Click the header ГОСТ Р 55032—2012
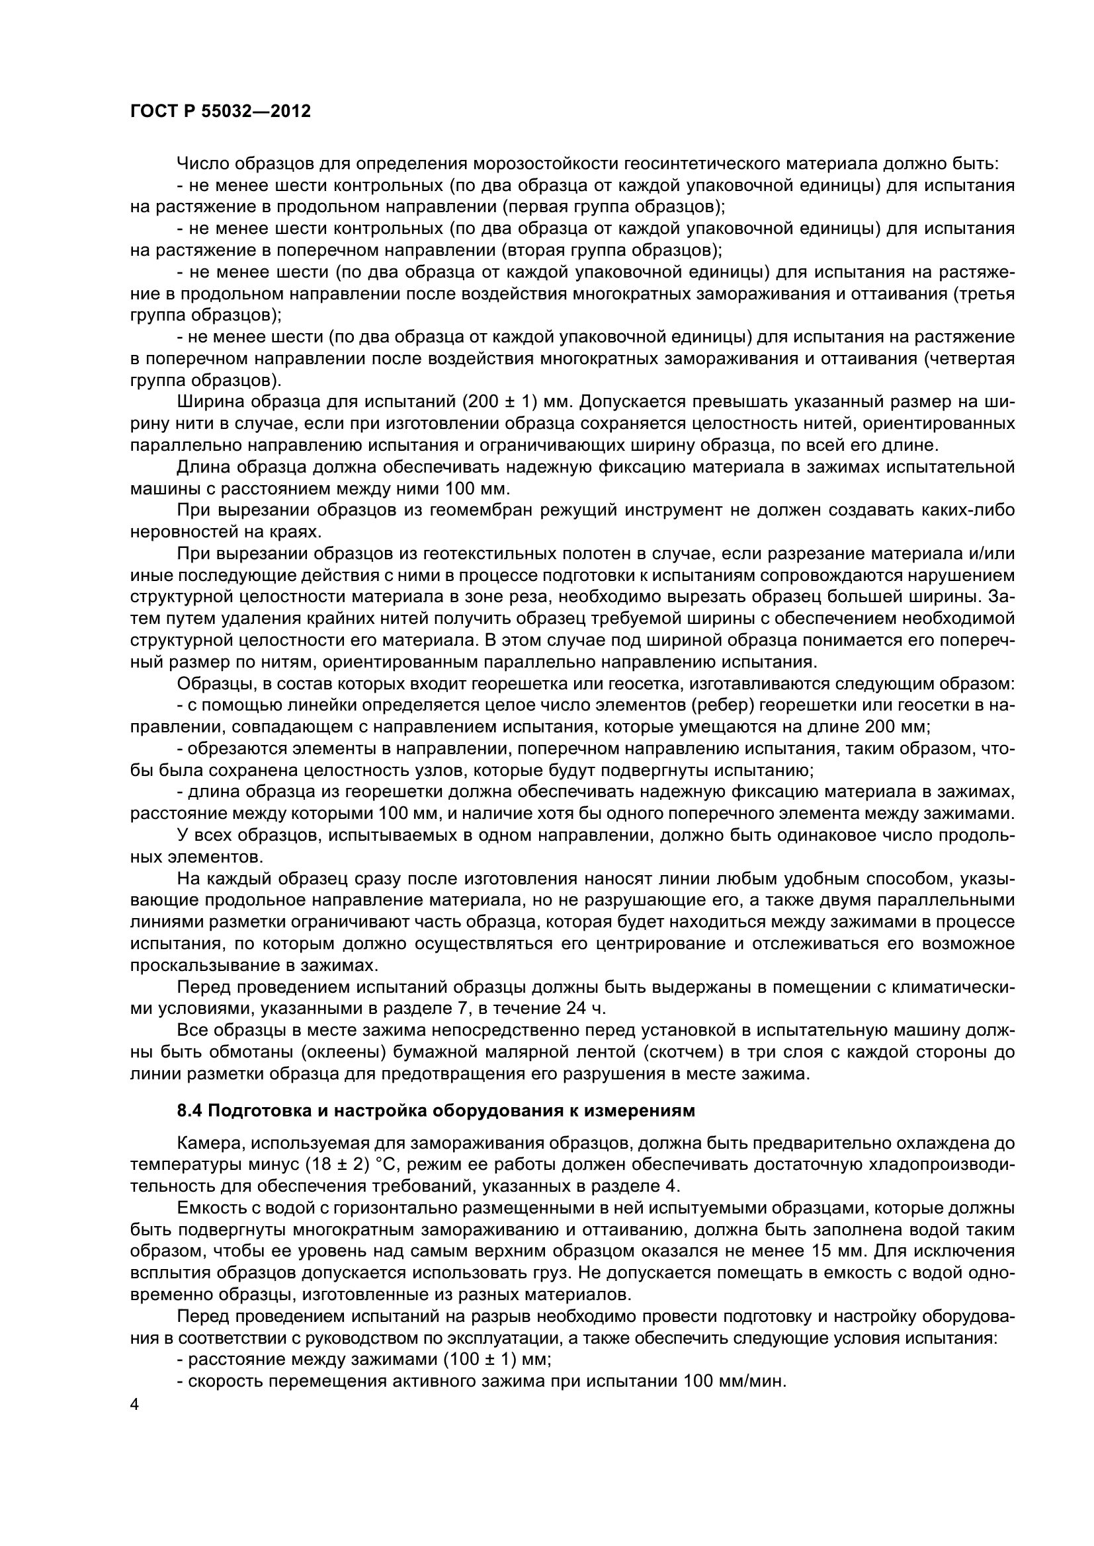coord(220,112)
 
